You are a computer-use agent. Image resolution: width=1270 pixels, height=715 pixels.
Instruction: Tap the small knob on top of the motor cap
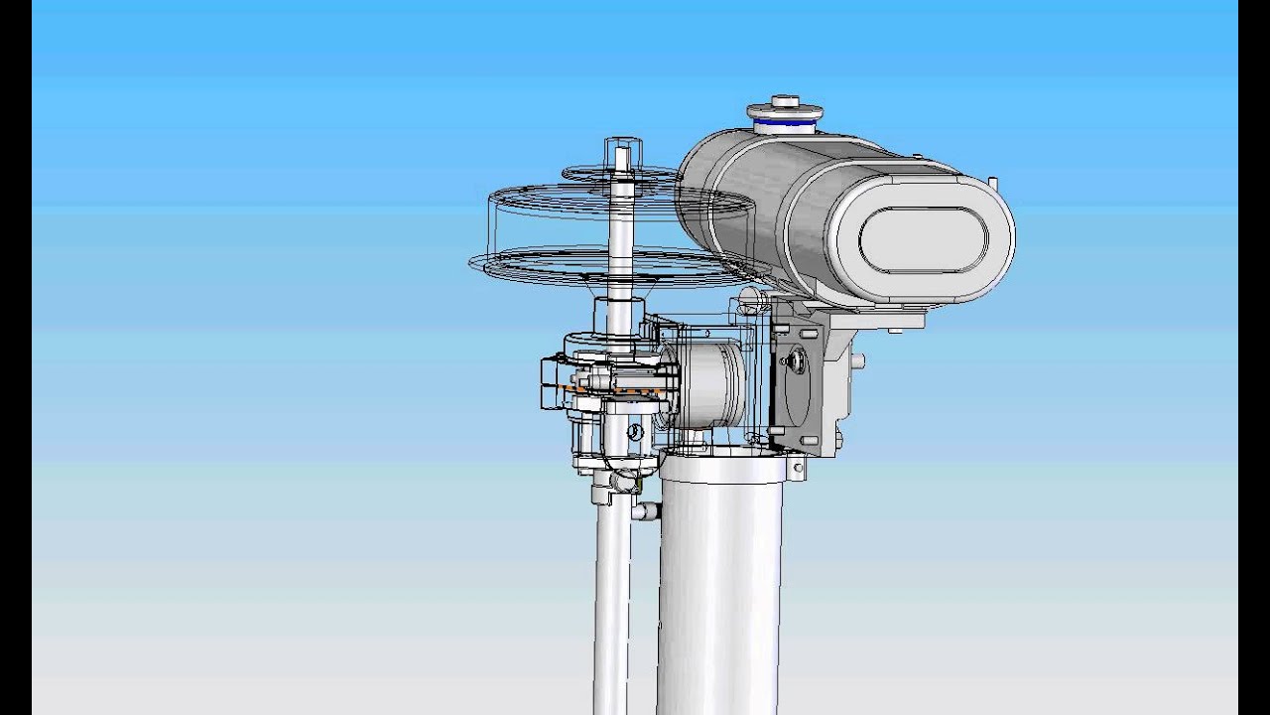[785, 100]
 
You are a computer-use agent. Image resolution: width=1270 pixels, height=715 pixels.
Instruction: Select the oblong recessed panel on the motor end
[923, 240]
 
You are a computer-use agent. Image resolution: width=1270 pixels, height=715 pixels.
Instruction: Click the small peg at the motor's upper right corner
[992, 182]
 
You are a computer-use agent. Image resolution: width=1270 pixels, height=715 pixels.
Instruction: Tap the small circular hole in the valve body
[632, 432]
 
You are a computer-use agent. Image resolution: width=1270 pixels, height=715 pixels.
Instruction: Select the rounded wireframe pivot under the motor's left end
[750, 298]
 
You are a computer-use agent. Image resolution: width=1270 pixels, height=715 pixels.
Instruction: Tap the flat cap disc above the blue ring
[785, 112]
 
